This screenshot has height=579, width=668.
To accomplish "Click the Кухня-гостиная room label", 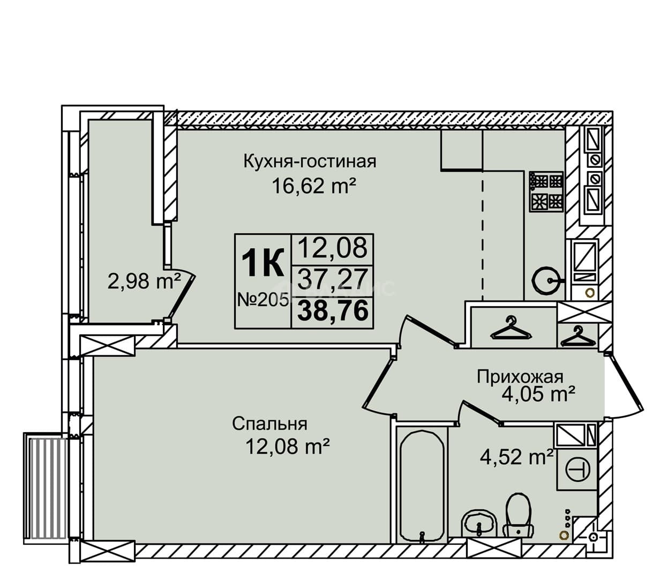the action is pyautogui.click(x=310, y=161).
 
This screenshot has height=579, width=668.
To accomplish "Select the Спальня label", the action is pyautogui.click(x=269, y=424).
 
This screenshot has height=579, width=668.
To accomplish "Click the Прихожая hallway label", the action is pyautogui.click(x=520, y=377).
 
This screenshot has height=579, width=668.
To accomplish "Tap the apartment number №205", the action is pyautogui.click(x=262, y=299).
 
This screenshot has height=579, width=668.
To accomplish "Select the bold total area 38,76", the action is pyautogui.click(x=333, y=310).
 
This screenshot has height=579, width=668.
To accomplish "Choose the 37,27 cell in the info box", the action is pyautogui.click(x=333, y=279).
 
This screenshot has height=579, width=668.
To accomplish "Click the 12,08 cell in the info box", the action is pyautogui.click(x=333, y=247).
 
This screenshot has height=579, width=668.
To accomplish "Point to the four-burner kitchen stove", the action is pyautogui.click(x=546, y=192).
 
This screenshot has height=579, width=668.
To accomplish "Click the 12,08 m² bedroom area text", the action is pyautogui.click(x=287, y=447).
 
